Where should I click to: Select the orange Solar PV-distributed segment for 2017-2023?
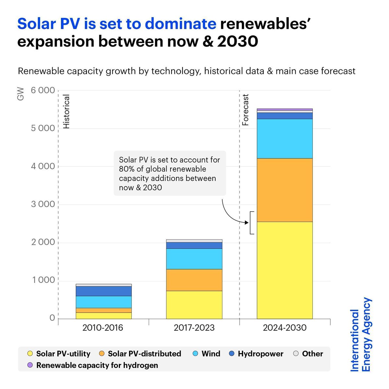pyautogui.click(x=194, y=280)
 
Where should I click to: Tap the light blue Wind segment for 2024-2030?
pyautogui.click(x=285, y=138)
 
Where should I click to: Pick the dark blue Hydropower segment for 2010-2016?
pyautogui.click(x=103, y=291)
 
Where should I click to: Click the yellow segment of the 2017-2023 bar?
pyautogui.click(x=194, y=305)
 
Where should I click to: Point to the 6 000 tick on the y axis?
pyautogui.click(x=43, y=90)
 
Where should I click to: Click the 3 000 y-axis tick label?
pyautogui.click(x=43, y=204)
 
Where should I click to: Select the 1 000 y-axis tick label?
pyautogui.click(x=43, y=280)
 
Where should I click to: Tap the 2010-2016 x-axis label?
pyautogui.click(x=103, y=328)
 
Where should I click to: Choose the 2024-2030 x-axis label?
pyautogui.click(x=285, y=328)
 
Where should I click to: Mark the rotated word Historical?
pyautogui.click(x=66, y=112)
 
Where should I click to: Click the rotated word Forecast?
pyautogui.click(x=245, y=110)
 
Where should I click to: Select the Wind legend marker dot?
pyautogui.click(x=195, y=354)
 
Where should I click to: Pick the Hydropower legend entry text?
pyautogui.click(x=260, y=354)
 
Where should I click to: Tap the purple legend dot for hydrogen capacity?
pyautogui.click(x=30, y=365)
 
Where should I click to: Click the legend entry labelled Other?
pyautogui.click(x=312, y=354)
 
